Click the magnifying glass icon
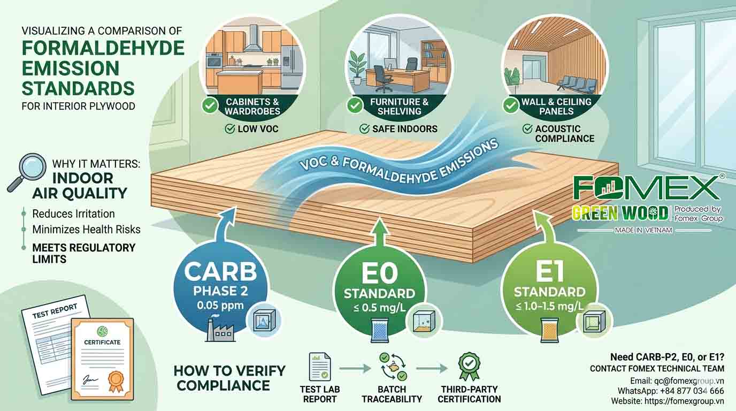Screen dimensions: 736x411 (x=27, y=172)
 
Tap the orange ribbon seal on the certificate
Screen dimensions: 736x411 (x=116, y=382)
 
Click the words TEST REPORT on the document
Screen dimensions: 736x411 (x=55, y=311)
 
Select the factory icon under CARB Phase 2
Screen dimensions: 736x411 (x=219, y=330)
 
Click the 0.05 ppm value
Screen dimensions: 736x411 (x=220, y=306)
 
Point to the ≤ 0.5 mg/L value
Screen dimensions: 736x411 (x=380, y=308)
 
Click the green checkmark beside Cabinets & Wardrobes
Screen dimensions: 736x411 (x=210, y=105)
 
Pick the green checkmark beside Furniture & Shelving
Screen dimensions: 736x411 (x=355, y=105)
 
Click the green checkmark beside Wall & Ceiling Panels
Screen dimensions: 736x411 (x=511, y=105)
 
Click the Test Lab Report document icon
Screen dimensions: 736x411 (x=320, y=367)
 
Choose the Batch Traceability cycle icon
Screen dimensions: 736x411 (x=393, y=367)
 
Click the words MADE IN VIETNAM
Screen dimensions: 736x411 (x=643, y=230)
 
